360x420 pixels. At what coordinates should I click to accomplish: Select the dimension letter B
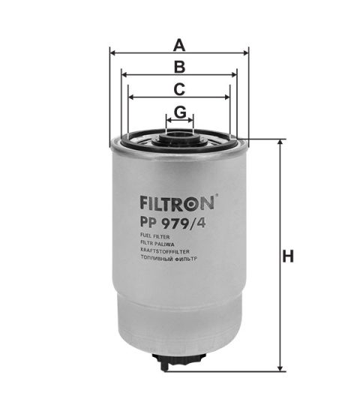pyautogui.click(x=179, y=66)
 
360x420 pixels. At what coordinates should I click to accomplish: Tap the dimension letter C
pyautogui.click(x=179, y=88)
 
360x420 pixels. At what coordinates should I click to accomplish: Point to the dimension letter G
pyautogui.click(x=179, y=112)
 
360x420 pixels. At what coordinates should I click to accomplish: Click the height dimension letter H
pyautogui.click(x=287, y=256)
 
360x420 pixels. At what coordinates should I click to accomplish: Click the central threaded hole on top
pyautogui.click(x=179, y=136)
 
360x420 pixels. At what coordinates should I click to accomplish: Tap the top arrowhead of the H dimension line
pyautogui.click(x=280, y=142)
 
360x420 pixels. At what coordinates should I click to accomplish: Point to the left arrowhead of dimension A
pyautogui.click(x=113, y=52)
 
